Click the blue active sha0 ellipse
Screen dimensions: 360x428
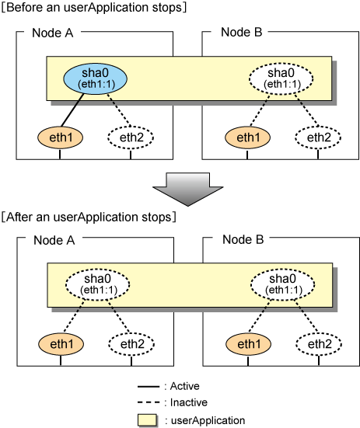[96, 78]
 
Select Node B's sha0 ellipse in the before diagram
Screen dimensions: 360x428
[281, 78]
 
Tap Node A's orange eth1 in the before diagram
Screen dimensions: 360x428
[61, 137]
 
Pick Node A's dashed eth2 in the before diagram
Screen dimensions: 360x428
[131, 137]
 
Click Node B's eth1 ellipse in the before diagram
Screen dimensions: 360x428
[247, 137]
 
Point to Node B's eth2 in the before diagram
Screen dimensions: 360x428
[318, 137]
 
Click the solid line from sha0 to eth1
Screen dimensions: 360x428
[72, 110]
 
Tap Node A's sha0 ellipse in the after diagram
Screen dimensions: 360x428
[97, 284]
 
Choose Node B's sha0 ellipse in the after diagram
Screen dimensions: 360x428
[282, 284]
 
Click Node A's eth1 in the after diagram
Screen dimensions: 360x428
[61, 344]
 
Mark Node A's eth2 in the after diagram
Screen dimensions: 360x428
[131, 344]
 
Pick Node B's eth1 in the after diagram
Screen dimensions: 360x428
[248, 344]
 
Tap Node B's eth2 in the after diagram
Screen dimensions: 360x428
[319, 344]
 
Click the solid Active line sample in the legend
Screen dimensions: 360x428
[149, 387]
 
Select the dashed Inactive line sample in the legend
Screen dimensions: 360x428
[149, 402]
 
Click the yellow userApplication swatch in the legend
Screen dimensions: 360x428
[148, 420]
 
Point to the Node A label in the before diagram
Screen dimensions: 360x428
[53, 33]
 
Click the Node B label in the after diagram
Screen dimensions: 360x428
[243, 240]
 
